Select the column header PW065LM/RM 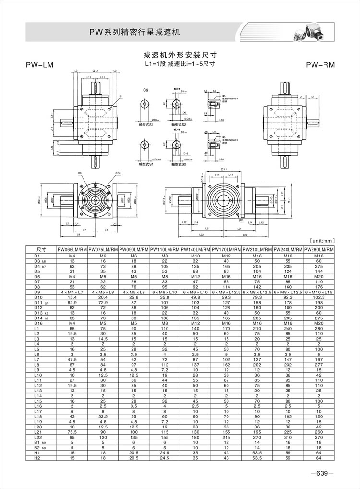click(x=72, y=250)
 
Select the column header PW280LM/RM click(x=319, y=250)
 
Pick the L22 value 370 click(x=319, y=438)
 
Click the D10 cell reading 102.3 click(x=319, y=297)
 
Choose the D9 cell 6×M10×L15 click(x=319, y=292)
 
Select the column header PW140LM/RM click(x=195, y=250)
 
